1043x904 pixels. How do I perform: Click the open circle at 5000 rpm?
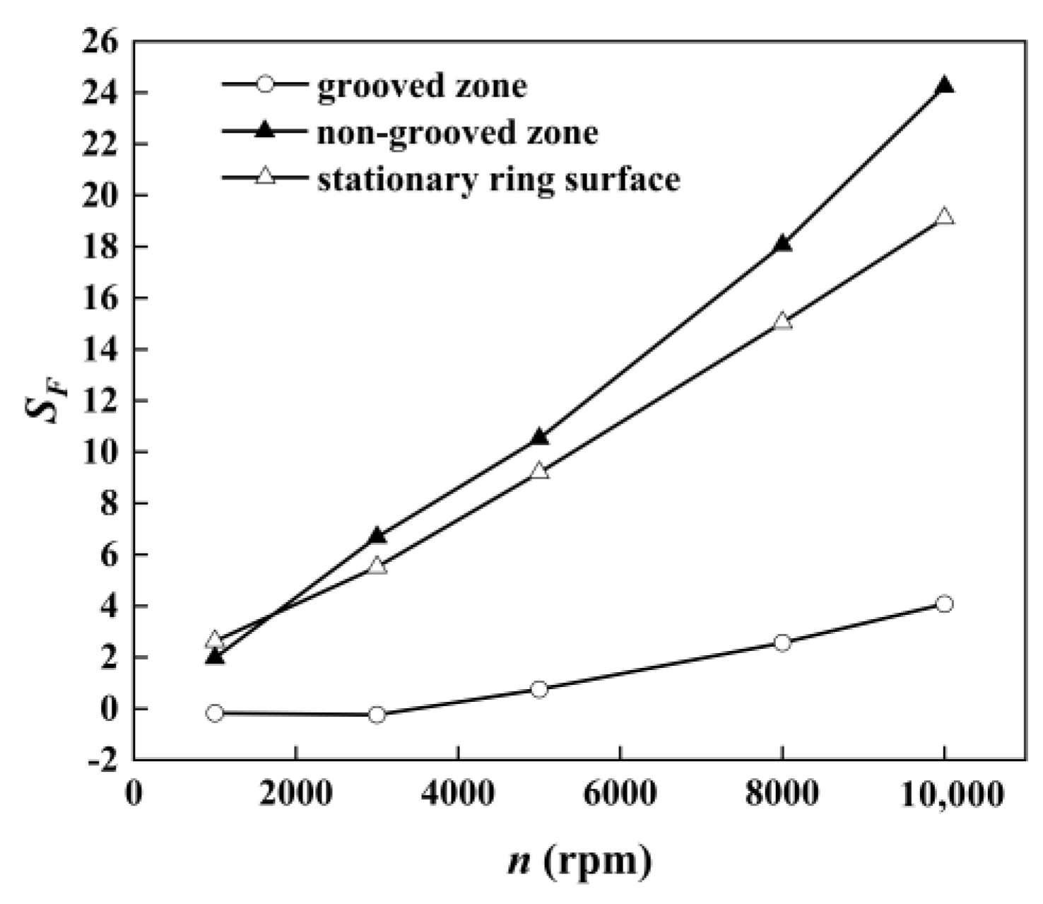(539, 689)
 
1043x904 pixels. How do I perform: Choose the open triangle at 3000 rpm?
(377, 565)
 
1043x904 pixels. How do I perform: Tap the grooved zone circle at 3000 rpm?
(377, 715)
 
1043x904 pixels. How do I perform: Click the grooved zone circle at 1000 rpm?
(216, 713)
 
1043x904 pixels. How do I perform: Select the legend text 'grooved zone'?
(422, 86)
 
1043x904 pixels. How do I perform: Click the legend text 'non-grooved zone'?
(457, 132)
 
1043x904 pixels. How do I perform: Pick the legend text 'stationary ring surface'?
(498, 178)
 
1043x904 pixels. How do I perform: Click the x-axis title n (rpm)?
(579, 862)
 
